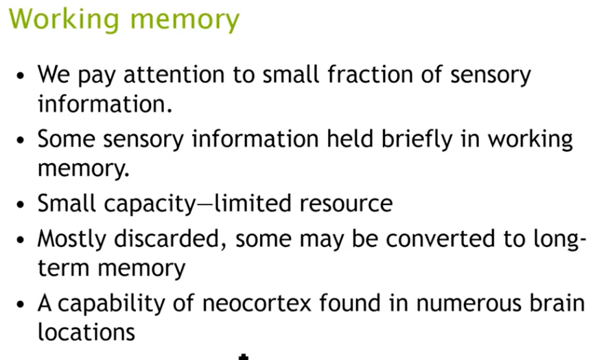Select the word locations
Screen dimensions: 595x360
[86, 333]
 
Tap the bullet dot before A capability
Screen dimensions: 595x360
[22, 303]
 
